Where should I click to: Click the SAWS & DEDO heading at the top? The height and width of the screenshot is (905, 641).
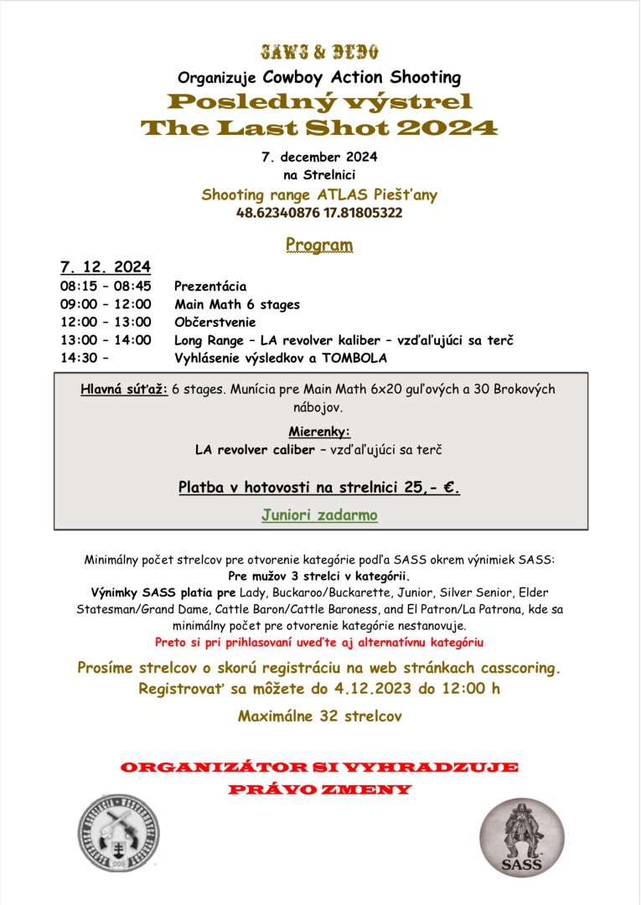pos(319,52)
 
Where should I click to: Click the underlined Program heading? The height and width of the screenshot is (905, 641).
pos(319,245)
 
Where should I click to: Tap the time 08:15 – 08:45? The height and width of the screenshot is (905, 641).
pos(106,286)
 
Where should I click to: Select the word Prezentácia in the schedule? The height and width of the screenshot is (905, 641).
pos(210,286)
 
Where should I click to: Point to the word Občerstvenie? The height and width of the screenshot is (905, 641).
pos(215,322)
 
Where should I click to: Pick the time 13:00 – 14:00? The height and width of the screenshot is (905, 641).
pos(106,340)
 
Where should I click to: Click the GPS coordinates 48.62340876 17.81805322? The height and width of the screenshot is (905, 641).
pos(319,213)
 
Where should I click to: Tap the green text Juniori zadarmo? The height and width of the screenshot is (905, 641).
pos(319,515)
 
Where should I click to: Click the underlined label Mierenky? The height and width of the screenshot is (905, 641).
pos(319,432)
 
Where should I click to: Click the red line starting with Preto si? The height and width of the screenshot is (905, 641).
pos(319,643)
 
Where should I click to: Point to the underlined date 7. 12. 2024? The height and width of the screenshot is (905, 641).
pos(106,267)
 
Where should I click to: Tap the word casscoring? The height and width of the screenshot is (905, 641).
pos(519,669)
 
